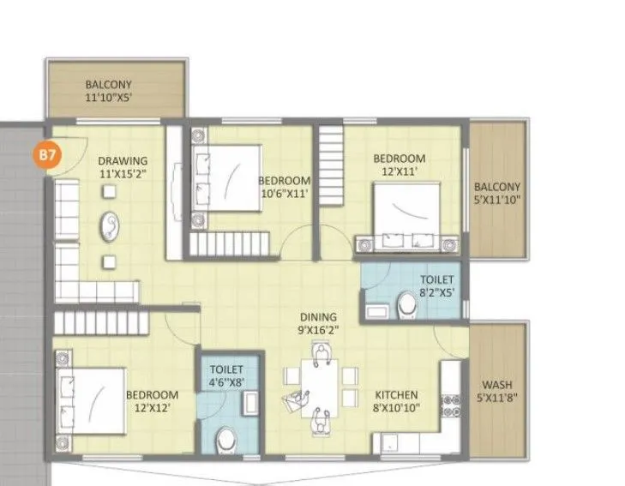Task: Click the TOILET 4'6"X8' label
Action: [x=227, y=375]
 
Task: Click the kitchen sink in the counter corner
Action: [x=389, y=444]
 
